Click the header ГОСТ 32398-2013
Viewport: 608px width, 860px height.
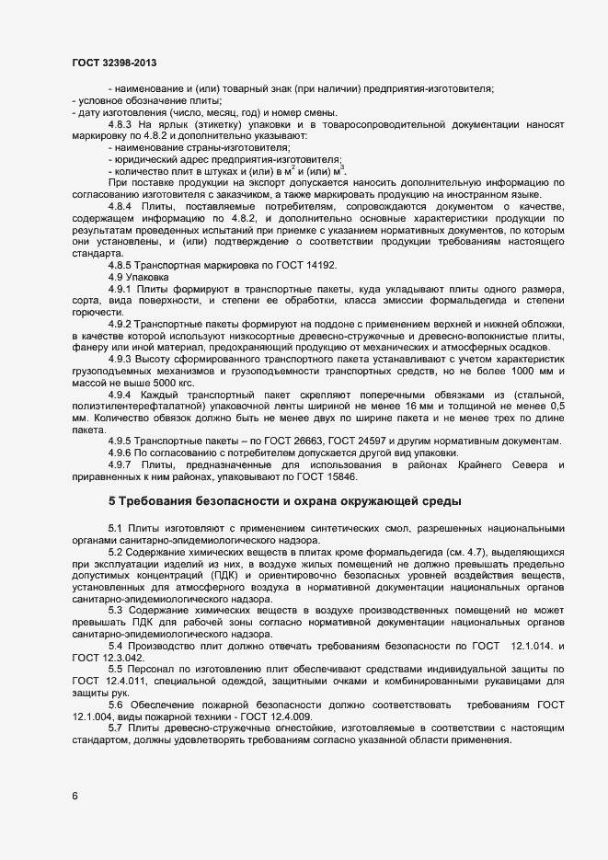click(113, 63)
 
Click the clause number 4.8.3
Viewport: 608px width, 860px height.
click(122, 123)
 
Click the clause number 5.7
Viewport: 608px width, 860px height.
click(115, 728)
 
